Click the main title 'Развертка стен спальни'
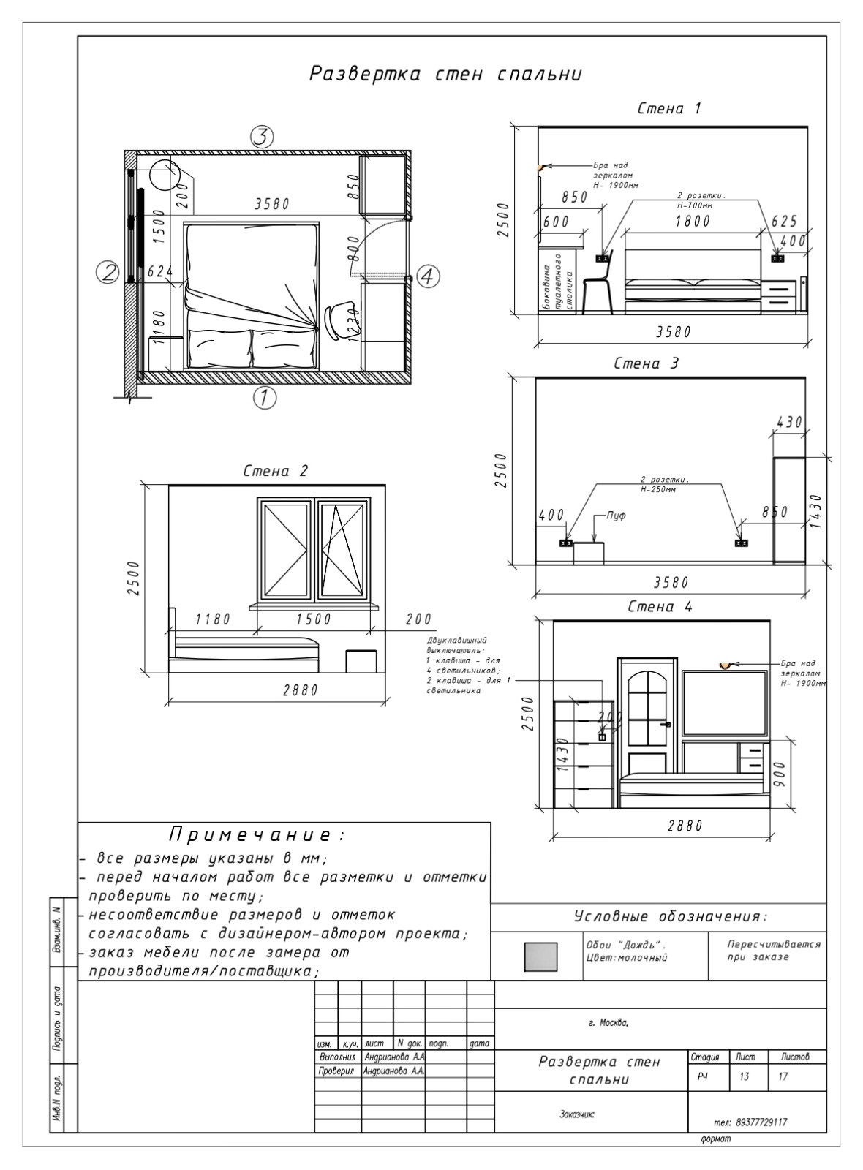445,74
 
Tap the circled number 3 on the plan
262,136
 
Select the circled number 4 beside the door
428,276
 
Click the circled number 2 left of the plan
108,273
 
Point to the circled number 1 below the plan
264,398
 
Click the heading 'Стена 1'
669,109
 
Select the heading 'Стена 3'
646,363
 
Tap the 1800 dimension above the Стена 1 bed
693,221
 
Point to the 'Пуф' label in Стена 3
617,516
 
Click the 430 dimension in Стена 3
789,422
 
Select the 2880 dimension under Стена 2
301,690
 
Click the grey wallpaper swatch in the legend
540,956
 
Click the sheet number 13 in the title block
744,1076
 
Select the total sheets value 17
783,1076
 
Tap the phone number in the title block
750,1122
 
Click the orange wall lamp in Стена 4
724,665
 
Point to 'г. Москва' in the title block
608,1022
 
